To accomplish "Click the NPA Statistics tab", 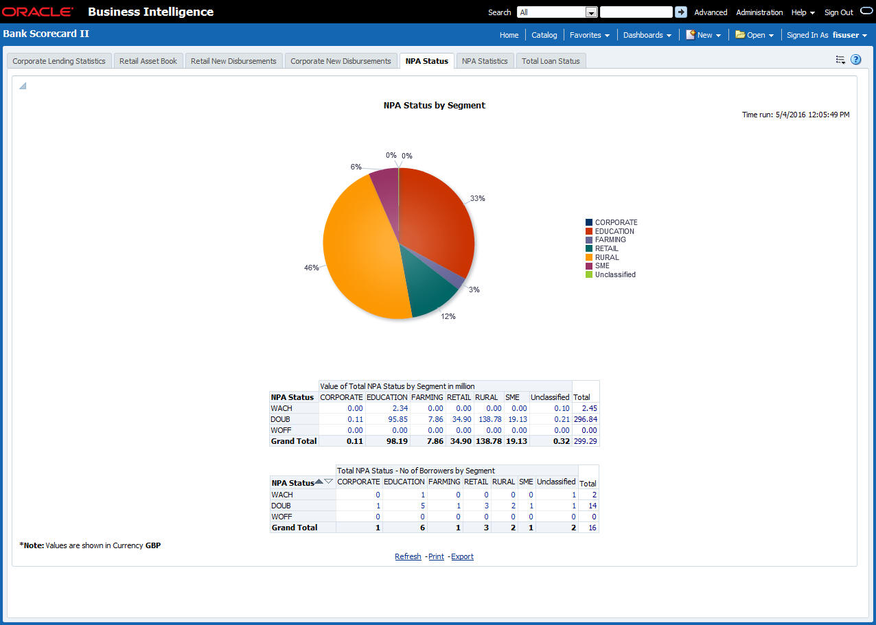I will [485, 61].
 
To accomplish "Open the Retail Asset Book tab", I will [148, 61].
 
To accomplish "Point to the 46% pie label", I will [312, 268].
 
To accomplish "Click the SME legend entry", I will [602, 266].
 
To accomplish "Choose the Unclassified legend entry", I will [615, 275].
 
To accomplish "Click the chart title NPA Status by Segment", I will [434, 106].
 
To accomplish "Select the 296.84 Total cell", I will [585, 419].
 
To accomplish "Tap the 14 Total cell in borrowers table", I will [592, 506].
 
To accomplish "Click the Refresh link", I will [408, 556].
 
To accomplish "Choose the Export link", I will [462, 556].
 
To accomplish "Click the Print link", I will [436, 556].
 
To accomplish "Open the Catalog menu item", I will [544, 35].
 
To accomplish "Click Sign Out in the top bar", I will [838, 12].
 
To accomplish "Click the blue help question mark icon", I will [855, 60].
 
